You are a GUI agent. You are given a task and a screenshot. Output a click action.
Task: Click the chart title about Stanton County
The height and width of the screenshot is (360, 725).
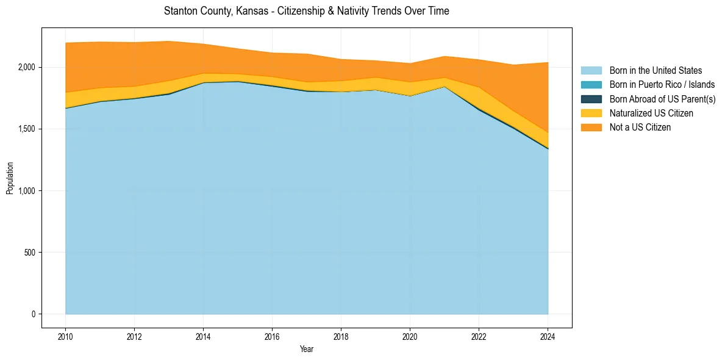click(307, 11)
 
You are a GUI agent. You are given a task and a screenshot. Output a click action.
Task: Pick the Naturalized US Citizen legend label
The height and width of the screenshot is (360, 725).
click(651, 113)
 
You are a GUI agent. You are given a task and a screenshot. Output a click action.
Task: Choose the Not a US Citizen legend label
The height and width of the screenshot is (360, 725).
click(640, 128)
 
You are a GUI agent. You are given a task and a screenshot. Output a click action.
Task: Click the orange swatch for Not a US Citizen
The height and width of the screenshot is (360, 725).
click(591, 128)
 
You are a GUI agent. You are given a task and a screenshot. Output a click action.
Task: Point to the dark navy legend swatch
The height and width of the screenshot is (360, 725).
click(591, 99)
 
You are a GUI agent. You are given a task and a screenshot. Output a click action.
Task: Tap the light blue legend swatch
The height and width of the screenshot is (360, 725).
click(591, 71)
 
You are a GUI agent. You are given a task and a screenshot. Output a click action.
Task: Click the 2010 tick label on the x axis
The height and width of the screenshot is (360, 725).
click(65, 336)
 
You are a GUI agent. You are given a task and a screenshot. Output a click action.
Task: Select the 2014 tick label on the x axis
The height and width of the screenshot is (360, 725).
click(203, 336)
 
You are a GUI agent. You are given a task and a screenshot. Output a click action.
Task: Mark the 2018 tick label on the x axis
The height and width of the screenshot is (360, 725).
click(341, 336)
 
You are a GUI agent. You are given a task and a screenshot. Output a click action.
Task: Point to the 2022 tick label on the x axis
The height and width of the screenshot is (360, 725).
click(479, 336)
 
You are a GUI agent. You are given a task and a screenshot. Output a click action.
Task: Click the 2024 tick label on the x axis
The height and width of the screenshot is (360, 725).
click(548, 336)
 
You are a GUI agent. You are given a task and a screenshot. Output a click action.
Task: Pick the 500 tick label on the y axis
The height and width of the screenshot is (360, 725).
click(30, 252)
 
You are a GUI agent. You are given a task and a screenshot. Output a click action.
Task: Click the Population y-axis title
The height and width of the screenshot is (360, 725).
click(10, 178)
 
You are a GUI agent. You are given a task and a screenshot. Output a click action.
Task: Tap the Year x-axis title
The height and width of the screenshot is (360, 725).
click(307, 349)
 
